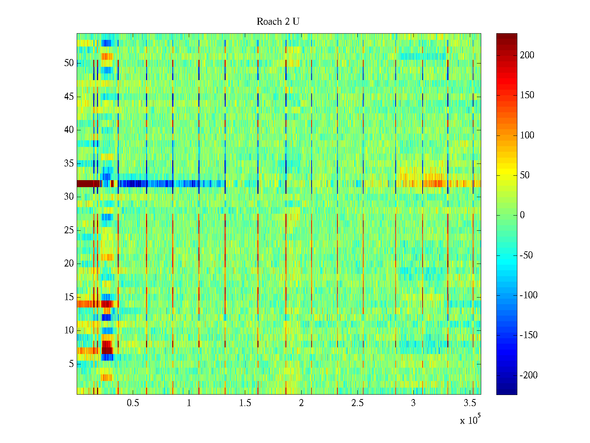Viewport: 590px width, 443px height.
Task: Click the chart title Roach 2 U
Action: pos(278,22)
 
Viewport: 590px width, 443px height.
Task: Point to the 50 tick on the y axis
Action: pos(69,63)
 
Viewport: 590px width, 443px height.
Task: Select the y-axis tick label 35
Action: pos(69,164)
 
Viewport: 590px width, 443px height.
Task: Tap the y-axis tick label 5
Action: pos(71,364)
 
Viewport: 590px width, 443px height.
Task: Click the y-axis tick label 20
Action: pos(69,264)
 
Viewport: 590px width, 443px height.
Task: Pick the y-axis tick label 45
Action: pos(69,97)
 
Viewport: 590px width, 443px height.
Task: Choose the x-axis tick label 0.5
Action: pos(133,403)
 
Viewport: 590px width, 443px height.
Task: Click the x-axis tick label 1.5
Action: pos(245,403)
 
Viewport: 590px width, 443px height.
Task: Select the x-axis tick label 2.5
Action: pos(357,403)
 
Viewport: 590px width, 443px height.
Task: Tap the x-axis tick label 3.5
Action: pos(470,403)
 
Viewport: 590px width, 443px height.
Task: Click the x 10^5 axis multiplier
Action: pos(470,420)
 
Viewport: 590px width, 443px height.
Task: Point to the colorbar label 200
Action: pos(527,55)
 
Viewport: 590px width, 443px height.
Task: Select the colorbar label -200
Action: pos(529,375)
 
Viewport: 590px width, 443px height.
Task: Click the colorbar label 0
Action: pos(522,215)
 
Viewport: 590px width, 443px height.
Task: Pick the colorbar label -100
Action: pos(529,295)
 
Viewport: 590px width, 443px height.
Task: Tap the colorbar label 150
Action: pos(527,95)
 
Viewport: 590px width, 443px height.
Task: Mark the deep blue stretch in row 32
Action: pos(133,183)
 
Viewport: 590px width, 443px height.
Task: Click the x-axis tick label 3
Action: pos(413,403)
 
